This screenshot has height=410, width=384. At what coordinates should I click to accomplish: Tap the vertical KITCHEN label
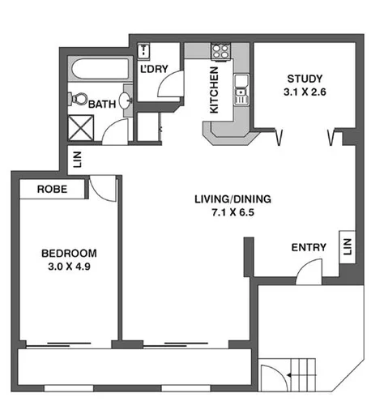[x=214, y=89]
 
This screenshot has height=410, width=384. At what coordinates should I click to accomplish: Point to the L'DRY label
[x=154, y=69]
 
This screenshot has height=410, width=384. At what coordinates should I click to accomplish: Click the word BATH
[x=102, y=104]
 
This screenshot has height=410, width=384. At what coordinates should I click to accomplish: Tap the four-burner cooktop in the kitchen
[x=220, y=51]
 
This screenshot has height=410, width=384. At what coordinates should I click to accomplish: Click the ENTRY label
[x=308, y=247]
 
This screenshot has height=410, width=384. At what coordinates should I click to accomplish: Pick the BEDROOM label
[x=69, y=252]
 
